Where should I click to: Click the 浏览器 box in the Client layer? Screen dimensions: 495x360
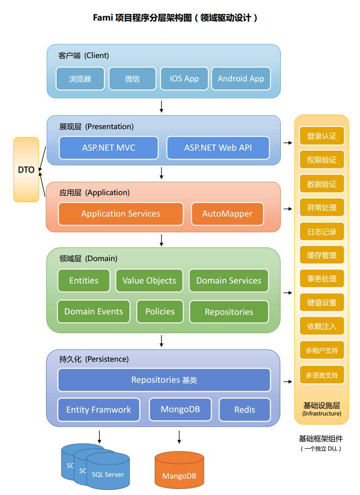pos(80,79)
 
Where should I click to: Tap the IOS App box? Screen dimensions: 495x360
pos(184,79)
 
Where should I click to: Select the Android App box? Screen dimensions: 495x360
pos(241,79)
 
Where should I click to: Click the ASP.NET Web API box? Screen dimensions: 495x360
pos(218,148)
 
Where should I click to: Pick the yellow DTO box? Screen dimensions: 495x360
pos(26,169)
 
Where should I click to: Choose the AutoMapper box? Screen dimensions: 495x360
pos(228,214)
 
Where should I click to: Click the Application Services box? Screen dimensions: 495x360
pos(121,214)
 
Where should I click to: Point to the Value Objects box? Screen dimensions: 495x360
pos(149,281)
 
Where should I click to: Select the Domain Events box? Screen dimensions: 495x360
pos(94,312)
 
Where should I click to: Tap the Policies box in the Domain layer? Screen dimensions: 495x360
pos(160,312)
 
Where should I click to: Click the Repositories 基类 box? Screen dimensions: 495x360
pos(164,380)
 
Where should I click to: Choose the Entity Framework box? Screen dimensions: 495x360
pos(99,410)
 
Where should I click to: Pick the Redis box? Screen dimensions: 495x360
pos(245,410)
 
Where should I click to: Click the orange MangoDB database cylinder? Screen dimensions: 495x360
pos(179,470)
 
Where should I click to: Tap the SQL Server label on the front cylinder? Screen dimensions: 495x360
pos(108,474)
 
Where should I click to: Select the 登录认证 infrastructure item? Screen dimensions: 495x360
pos(322,136)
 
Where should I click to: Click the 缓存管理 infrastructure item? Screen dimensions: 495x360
pos(322,255)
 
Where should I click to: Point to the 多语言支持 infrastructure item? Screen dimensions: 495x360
pos(322,375)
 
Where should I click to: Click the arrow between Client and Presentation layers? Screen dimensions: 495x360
pos(162,106)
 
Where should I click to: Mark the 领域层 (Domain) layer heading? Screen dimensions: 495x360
pos(88,258)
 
